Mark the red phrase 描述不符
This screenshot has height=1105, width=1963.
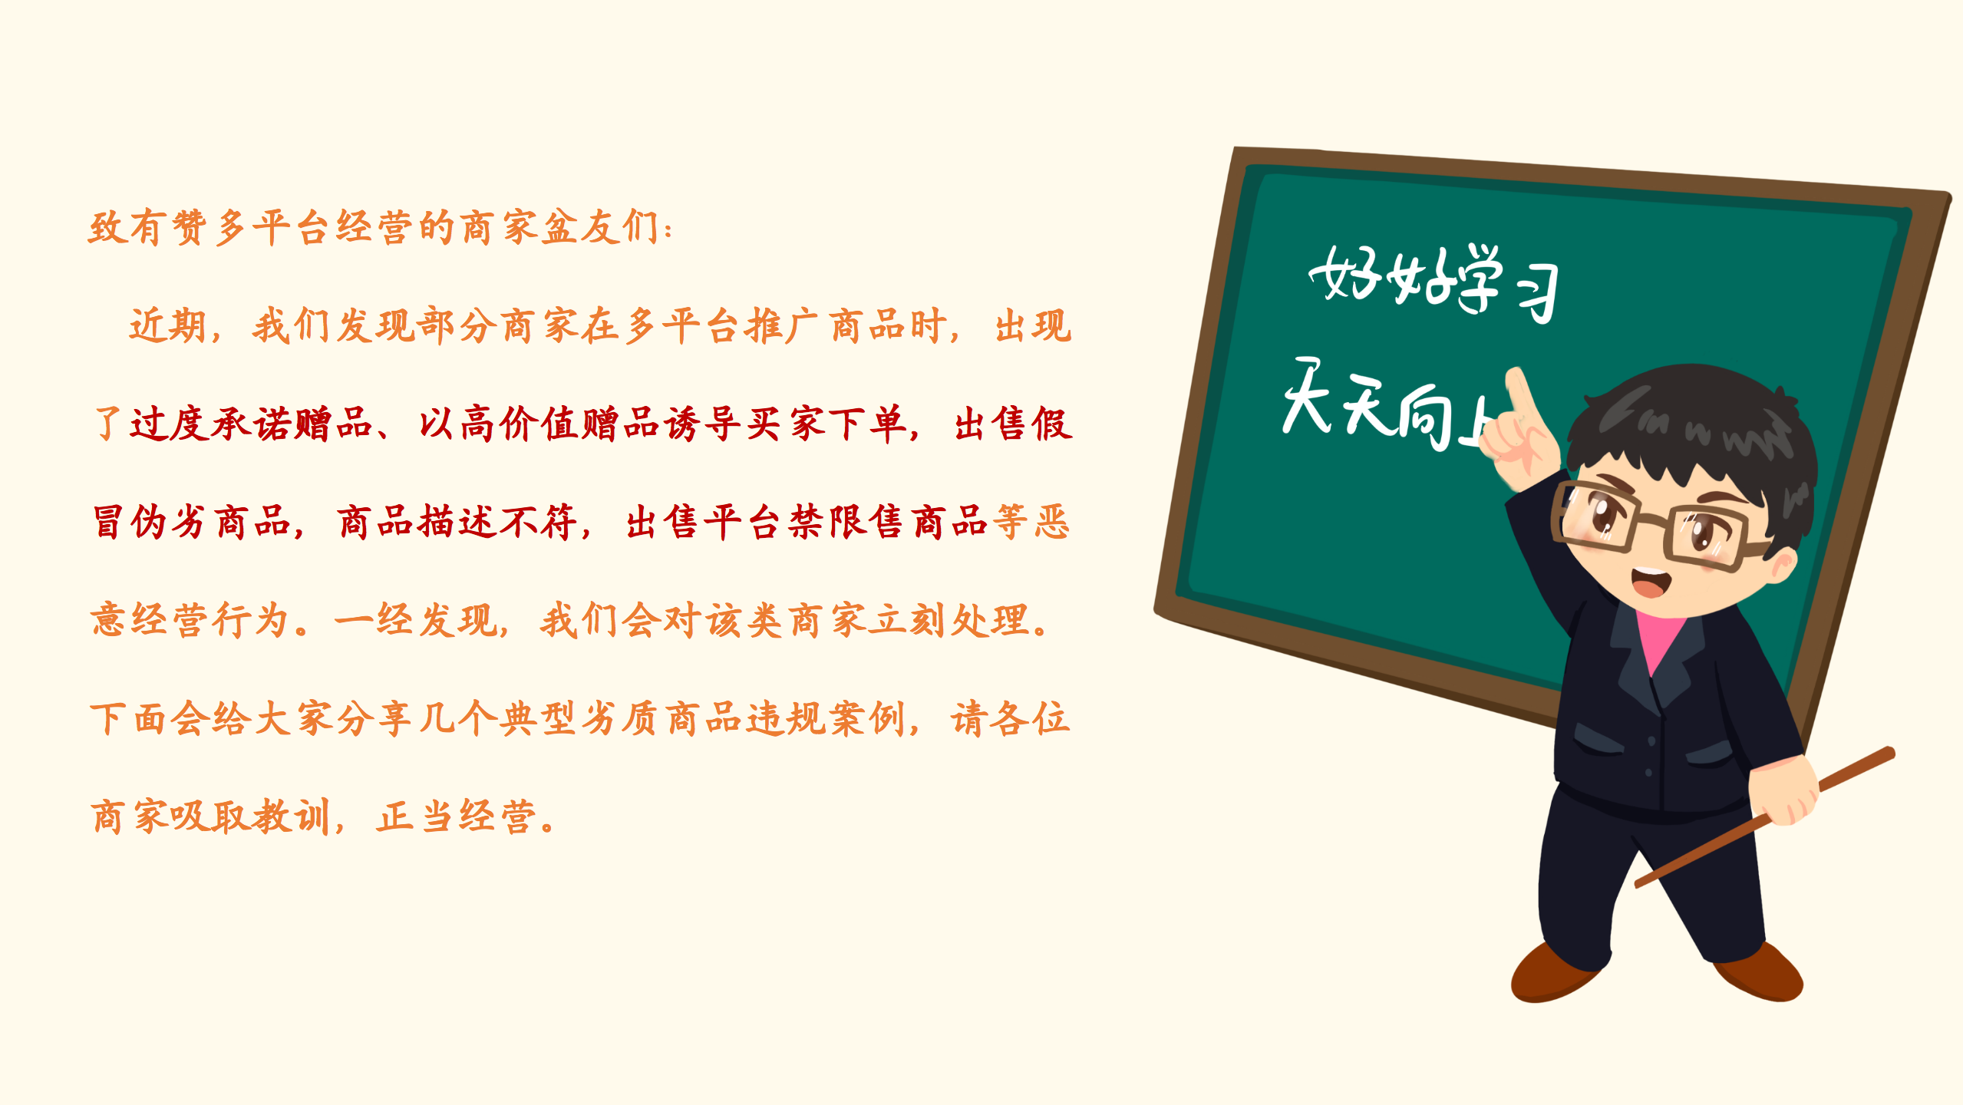tap(457, 523)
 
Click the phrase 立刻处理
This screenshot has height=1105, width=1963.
tap(949, 621)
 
